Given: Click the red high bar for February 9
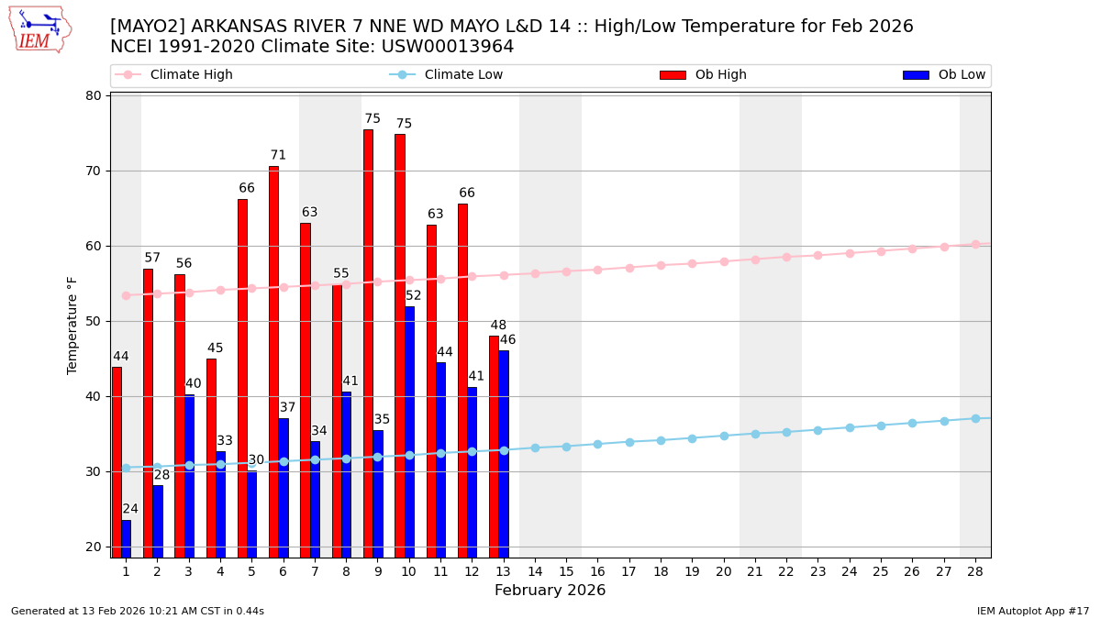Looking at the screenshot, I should (x=368, y=343).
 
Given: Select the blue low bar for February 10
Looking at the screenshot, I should (x=409, y=431).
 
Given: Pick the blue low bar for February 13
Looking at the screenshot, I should (x=504, y=453).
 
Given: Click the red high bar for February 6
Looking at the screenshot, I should (x=273, y=361).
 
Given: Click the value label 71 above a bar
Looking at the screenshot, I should (x=278, y=156).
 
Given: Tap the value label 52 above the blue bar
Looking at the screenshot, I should (x=414, y=296).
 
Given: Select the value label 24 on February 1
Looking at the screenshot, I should (x=130, y=510).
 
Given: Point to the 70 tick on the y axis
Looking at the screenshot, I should (x=93, y=171).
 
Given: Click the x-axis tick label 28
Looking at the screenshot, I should (x=975, y=571).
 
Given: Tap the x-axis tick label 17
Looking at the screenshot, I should (x=629, y=571).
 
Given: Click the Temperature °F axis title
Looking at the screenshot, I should (x=72, y=325).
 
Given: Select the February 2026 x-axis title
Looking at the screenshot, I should (x=550, y=591).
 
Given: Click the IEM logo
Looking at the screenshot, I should (x=39, y=29).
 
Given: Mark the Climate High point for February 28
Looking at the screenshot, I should (x=975, y=245).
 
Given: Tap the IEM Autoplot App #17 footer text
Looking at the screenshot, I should (x=1032, y=612).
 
